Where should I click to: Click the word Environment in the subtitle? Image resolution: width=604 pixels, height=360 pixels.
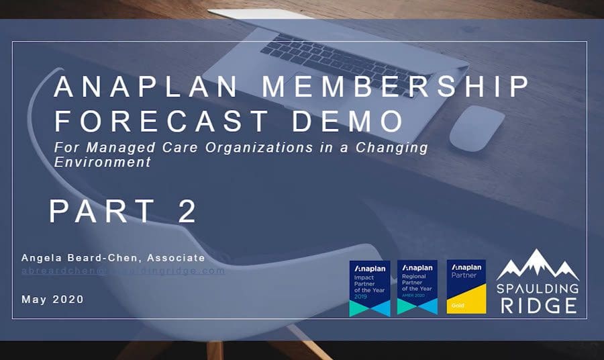pyautogui.click(x=103, y=162)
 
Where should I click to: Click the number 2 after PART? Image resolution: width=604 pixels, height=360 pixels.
pyautogui.click(x=187, y=210)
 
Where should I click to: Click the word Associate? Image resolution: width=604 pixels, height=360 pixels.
pyautogui.click(x=177, y=258)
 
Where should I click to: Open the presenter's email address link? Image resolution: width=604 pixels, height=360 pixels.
pyautogui.click(x=123, y=271)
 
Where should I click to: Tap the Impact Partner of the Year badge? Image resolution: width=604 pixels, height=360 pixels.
pyautogui.click(x=369, y=288)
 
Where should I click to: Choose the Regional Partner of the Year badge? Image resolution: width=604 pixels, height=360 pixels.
pyautogui.click(x=417, y=288)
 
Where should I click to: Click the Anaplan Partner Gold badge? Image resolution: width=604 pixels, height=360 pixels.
pyautogui.click(x=466, y=287)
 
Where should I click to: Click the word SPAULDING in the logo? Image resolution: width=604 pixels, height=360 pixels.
pyautogui.click(x=538, y=289)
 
